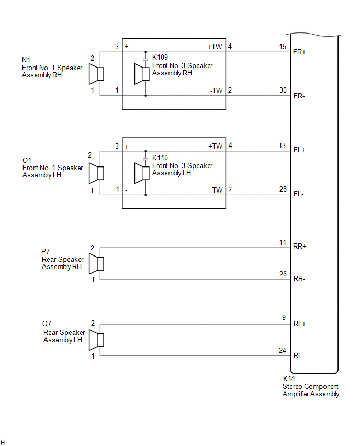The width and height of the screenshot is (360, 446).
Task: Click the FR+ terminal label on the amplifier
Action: coord(299,52)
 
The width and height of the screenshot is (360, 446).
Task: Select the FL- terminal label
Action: coord(299,194)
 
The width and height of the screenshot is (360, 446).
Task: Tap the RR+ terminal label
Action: coord(299,247)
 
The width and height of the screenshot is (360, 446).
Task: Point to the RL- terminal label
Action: coord(299,356)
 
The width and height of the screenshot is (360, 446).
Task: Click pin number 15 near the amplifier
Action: coord(283,47)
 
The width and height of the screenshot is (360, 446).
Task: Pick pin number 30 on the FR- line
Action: coord(283,90)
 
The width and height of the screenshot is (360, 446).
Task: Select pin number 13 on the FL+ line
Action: coord(282,146)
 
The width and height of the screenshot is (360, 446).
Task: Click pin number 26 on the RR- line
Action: coord(283,274)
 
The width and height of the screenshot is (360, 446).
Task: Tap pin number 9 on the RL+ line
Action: coord(284,317)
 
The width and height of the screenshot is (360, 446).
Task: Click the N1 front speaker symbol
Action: coord(96,74)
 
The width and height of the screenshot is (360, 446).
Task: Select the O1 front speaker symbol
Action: coord(96,173)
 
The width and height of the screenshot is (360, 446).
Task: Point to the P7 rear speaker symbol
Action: coord(96,264)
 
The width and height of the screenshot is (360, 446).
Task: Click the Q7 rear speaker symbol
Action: coord(96,340)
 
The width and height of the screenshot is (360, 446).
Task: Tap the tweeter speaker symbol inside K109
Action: coord(142,74)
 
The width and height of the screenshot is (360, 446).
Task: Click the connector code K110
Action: coord(160,158)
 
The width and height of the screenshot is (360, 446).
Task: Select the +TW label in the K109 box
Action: coord(215,47)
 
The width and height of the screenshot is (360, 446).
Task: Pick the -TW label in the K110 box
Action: coord(217,190)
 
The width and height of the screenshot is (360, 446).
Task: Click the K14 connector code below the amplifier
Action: coord(289,378)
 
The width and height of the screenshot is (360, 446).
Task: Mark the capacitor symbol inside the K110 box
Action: coord(145,158)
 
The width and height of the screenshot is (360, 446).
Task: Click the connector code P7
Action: coord(46,251)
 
